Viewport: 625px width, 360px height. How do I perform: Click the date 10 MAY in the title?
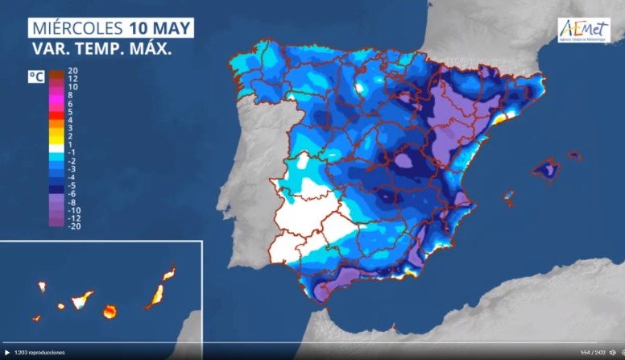pos(160,27)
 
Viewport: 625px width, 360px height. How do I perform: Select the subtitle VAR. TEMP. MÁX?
pos(101,48)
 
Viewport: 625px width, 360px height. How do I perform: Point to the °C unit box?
pos(35,77)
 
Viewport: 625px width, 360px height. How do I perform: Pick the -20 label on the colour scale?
pos(72,226)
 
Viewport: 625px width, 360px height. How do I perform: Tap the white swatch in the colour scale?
pos(56,151)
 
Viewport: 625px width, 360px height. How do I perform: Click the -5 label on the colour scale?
pos(72,184)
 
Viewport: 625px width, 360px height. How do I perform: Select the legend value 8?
pos(70,95)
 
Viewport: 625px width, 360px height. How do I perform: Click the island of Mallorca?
pos(546,170)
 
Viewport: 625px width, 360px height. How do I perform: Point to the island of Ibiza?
pos(508,196)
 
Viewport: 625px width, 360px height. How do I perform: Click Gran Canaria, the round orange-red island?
pos(110,310)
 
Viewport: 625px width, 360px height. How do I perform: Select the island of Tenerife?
pos(81,301)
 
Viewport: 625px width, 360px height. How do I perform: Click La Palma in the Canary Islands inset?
pos(42,287)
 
